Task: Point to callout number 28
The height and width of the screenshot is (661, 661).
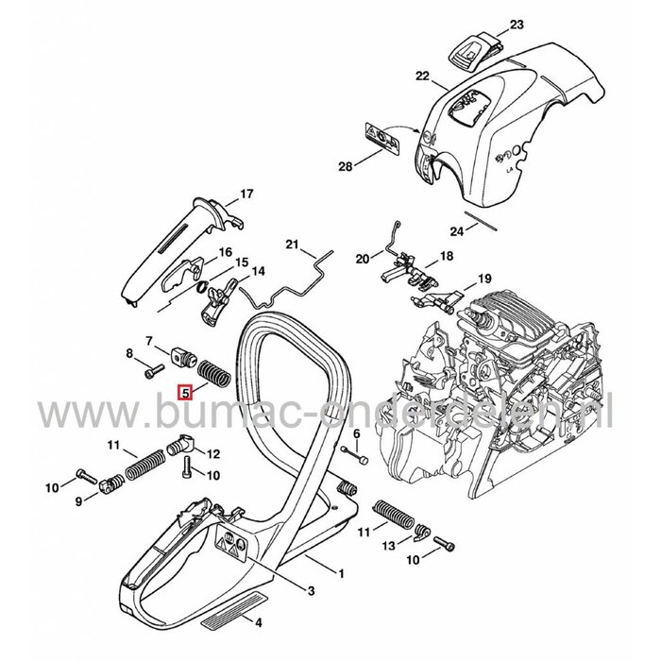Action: point(347,167)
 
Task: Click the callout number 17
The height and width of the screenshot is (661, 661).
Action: point(246,195)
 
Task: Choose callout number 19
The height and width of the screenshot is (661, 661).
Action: point(483,279)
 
